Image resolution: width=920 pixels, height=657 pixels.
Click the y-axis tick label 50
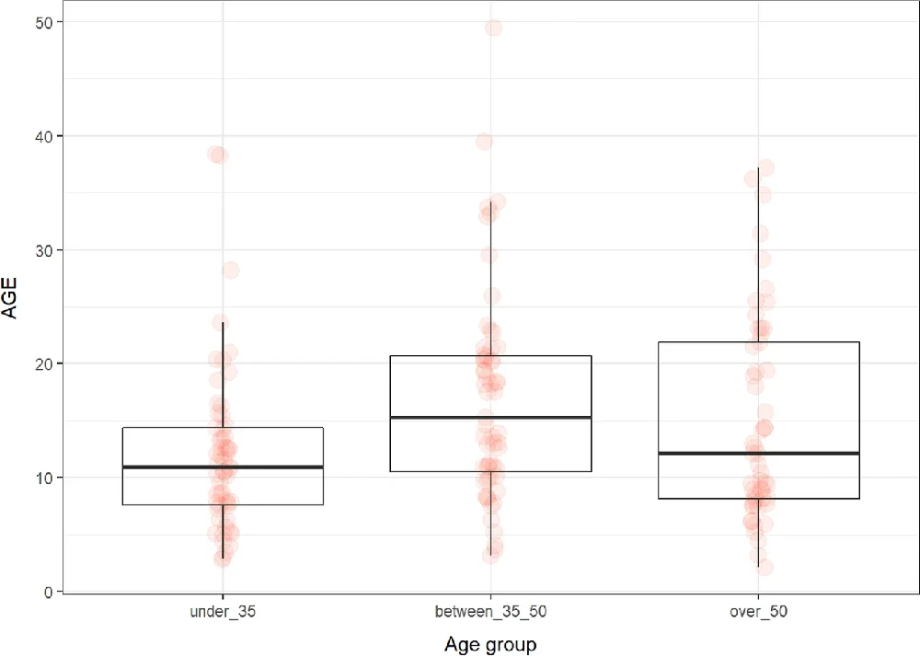coord(43,22)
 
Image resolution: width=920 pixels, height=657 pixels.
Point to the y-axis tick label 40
coord(43,136)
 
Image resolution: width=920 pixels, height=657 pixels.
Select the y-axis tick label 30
coord(43,249)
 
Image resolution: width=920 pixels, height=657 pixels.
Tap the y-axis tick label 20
coord(43,363)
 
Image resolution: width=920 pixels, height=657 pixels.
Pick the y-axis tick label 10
coord(43,478)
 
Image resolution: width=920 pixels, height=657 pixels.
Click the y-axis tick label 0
coord(47,591)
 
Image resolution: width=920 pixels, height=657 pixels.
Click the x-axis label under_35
coord(222,611)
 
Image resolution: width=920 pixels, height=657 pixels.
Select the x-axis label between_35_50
coord(489,611)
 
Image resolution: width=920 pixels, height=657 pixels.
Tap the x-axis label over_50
coord(757,611)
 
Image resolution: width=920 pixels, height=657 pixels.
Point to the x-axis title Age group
coord(489,643)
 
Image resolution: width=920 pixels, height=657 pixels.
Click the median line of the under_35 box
coord(222,467)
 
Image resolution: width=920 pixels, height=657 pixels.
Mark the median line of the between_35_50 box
coord(489,418)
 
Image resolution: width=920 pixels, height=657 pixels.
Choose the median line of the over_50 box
coord(757,454)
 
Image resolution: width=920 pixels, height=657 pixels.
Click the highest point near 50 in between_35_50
coord(493,28)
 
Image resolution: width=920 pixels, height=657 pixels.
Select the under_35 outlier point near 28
coord(231,270)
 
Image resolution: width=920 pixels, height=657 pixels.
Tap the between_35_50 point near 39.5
coord(484,142)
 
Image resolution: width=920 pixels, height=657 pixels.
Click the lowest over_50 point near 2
coord(765,568)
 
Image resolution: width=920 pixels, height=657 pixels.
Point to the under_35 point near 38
coord(218,155)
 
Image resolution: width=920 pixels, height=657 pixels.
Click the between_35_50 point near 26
coord(492,295)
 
